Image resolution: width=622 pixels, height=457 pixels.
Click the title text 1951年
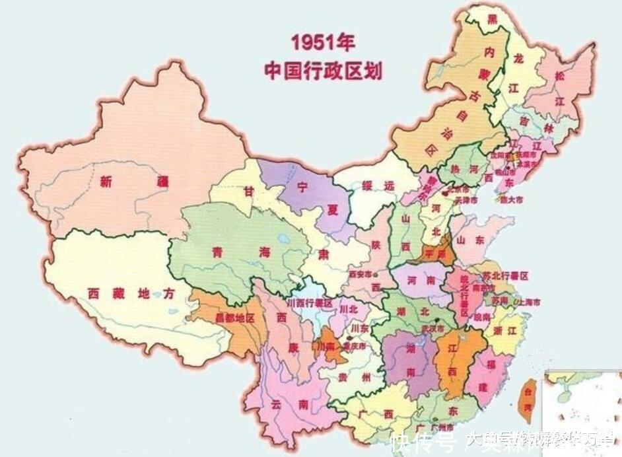pyautogui.click(x=323, y=44)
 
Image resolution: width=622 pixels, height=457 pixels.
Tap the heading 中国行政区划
pyautogui.click(x=323, y=71)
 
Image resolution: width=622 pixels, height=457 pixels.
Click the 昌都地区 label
pyautogui.click(x=234, y=318)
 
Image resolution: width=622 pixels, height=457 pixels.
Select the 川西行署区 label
pyautogui.click(x=310, y=302)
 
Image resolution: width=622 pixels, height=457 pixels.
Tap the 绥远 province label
pyautogui.click(x=378, y=187)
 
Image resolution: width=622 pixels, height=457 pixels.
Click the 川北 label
pyautogui.click(x=349, y=308)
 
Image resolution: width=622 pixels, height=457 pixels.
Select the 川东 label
pyautogui.click(x=359, y=328)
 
